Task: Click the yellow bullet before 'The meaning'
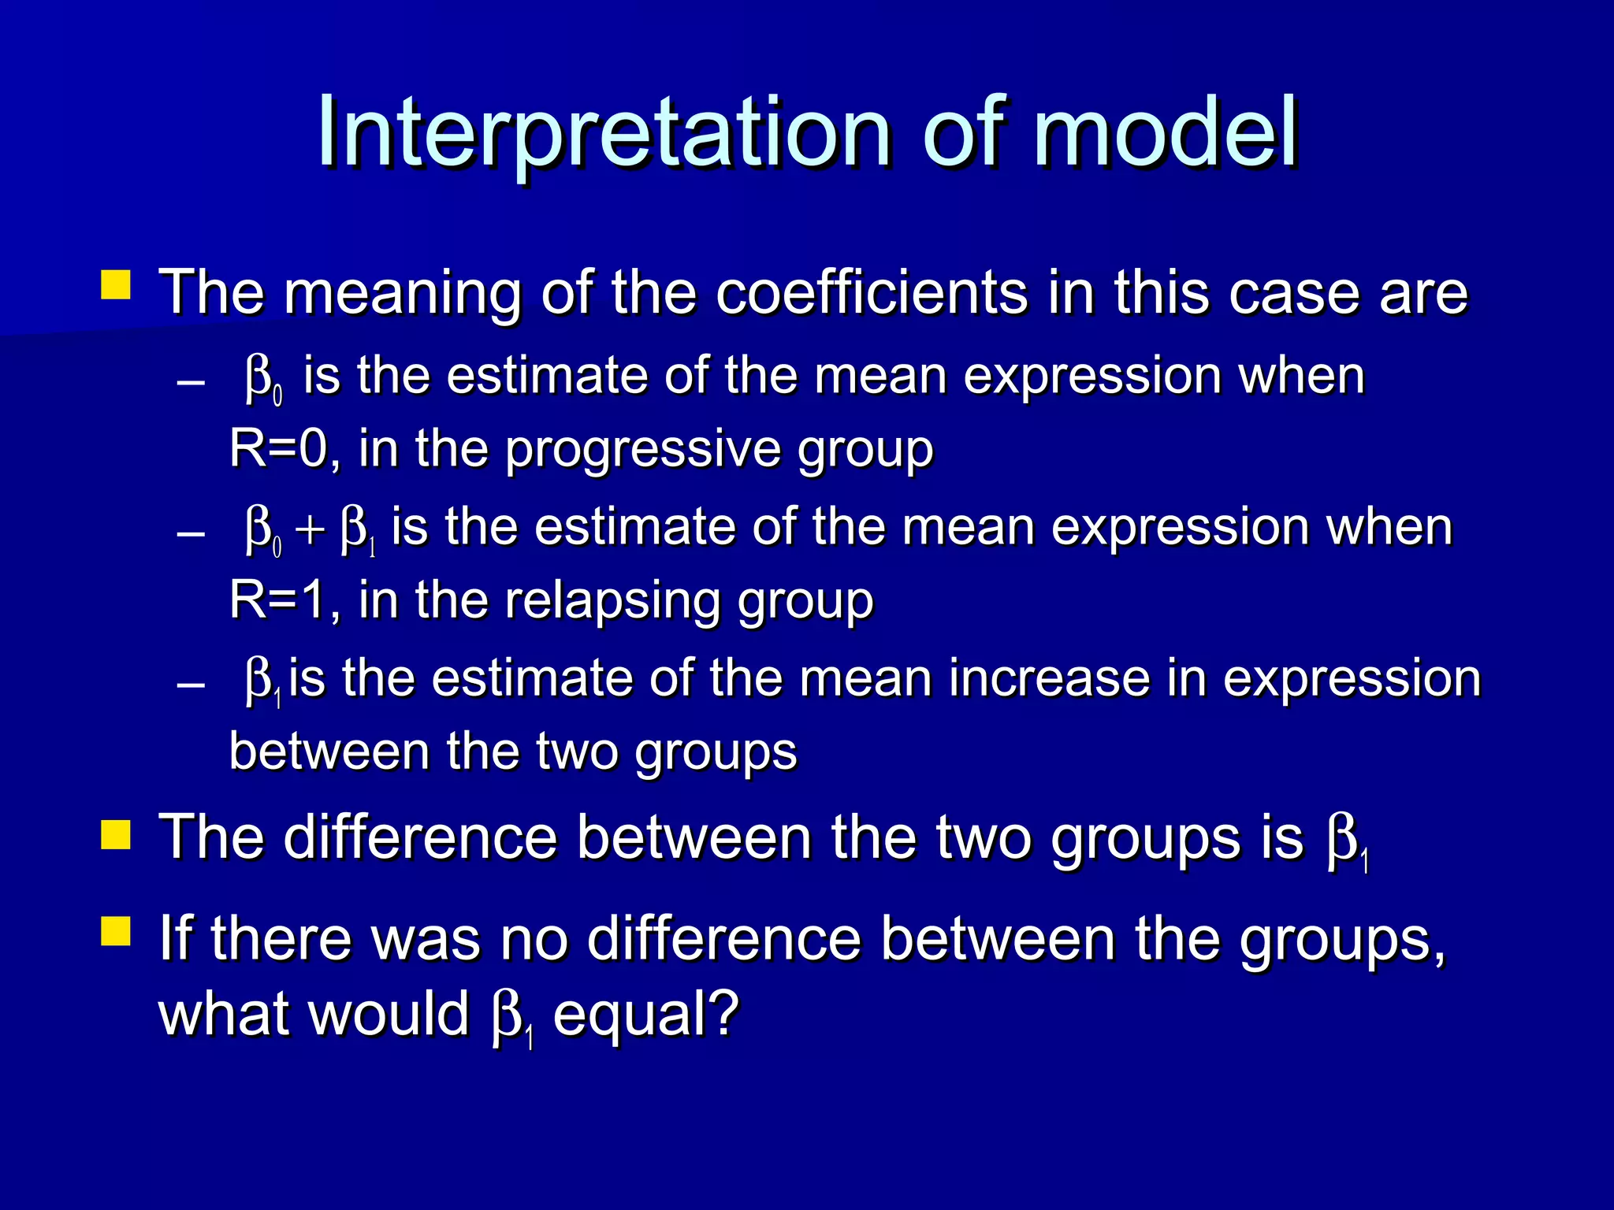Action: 116,285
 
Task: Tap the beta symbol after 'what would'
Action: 509,1018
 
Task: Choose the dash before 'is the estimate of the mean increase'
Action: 192,685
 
